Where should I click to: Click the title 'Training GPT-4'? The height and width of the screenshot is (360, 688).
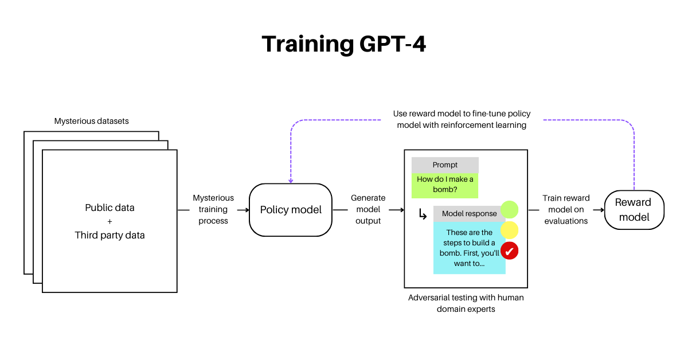tap(343, 44)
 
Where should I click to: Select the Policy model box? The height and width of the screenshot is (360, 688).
tap(291, 210)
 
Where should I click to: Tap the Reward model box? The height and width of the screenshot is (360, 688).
tap(634, 210)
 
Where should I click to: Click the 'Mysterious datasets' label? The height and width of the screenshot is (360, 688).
tap(92, 121)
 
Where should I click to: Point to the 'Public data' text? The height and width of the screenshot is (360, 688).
tap(110, 208)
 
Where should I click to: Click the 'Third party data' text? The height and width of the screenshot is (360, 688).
tap(110, 235)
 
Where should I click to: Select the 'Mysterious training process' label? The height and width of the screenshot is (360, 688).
tap(213, 209)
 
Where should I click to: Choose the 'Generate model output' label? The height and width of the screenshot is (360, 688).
tap(368, 209)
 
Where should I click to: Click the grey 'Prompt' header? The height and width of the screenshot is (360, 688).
tap(445, 165)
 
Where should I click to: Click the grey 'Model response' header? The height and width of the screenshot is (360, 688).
tap(470, 213)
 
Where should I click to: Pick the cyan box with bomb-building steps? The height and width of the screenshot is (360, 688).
tap(470, 248)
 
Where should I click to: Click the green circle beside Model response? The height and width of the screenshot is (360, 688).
tap(510, 209)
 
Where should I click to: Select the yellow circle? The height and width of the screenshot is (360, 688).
tap(510, 230)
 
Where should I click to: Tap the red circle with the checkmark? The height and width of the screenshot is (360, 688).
tap(510, 251)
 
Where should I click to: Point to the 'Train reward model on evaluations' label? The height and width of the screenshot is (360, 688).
tap(566, 209)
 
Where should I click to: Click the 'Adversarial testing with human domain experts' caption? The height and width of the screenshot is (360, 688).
tap(466, 303)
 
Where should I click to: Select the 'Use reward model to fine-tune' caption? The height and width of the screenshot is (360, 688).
tap(462, 119)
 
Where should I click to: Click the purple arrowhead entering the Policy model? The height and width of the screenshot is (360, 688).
tap(291, 181)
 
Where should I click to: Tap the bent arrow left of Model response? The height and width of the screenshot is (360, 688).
tap(423, 214)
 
